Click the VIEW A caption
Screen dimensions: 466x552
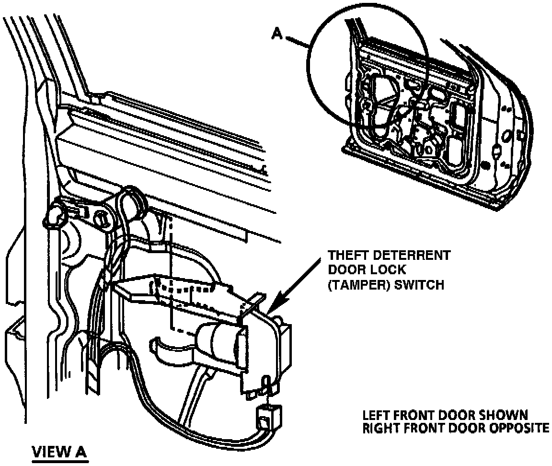tap(60, 452)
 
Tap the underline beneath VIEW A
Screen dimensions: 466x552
tap(60, 461)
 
